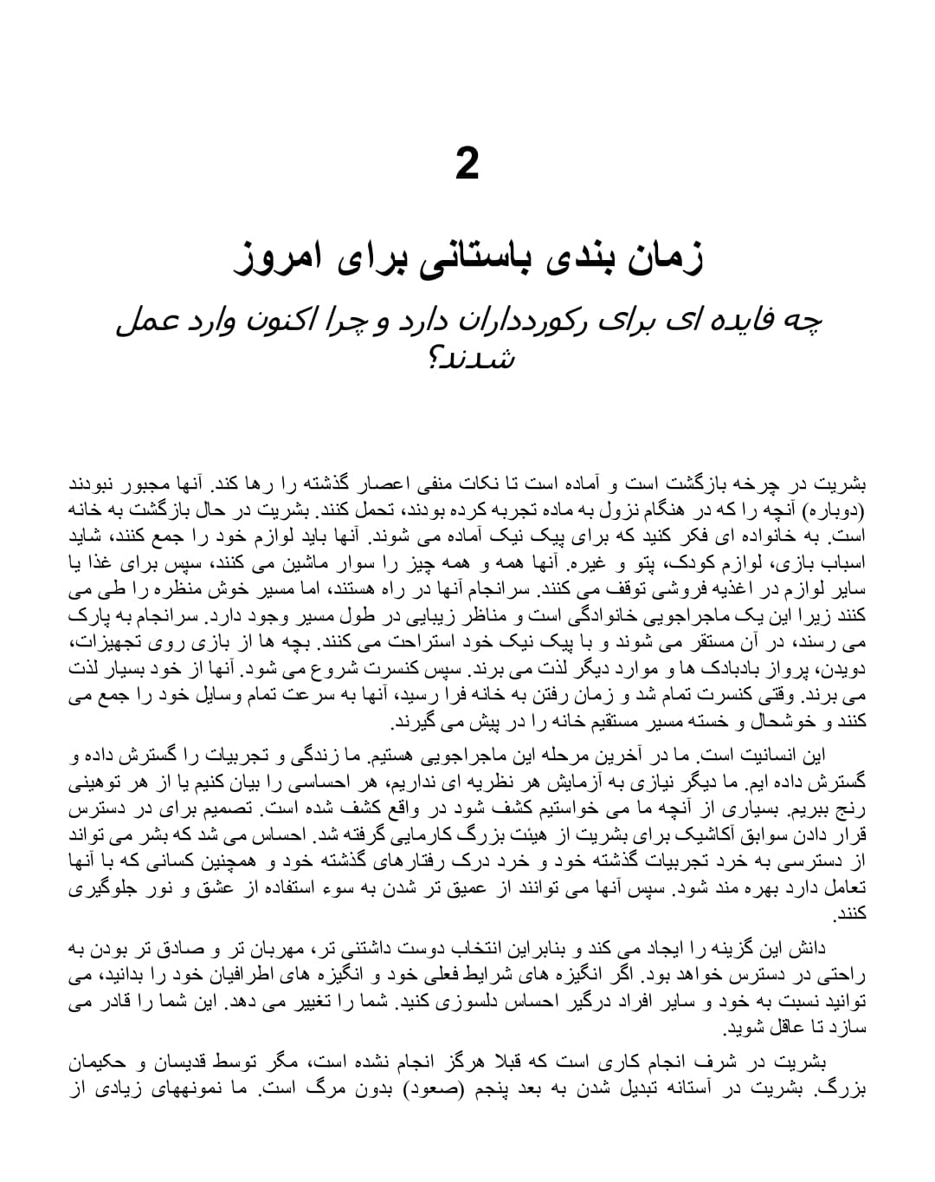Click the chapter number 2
click(x=467, y=164)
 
